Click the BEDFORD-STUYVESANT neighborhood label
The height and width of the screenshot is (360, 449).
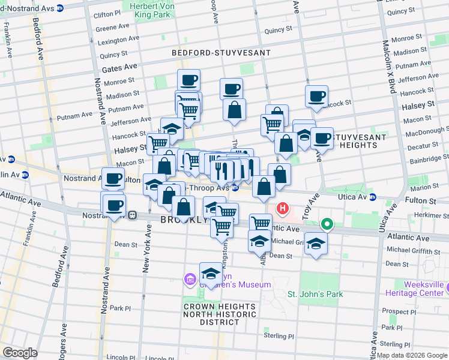(221, 53)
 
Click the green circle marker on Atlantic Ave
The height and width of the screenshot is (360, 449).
(327, 225)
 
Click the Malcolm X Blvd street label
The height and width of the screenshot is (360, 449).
(387, 66)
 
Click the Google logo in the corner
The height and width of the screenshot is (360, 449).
(20, 352)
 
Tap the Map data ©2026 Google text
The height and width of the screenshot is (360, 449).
(411, 355)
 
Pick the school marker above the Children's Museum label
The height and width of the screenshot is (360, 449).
(211, 274)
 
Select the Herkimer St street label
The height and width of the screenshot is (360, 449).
(423, 214)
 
